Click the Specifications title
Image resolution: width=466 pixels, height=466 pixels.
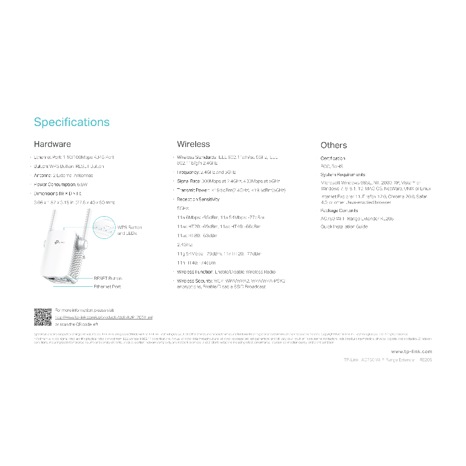(x=72, y=122)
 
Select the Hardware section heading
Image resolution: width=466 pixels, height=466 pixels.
(x=52, y=144)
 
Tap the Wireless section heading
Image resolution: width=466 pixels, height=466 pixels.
(x=193, y=144)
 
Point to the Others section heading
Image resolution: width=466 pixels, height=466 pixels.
(x=334, y=145)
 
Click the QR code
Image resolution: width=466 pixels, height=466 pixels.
(x=43, y=317)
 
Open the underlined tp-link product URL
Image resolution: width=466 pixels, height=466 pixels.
(x=104, y=317)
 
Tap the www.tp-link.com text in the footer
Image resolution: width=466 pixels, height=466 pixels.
(x=411, y=351)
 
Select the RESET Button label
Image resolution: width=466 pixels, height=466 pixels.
(x=108, y=278)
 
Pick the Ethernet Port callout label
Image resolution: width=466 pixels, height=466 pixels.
(x=107, y=287)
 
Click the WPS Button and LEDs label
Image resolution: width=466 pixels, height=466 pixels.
(x=130, y=230)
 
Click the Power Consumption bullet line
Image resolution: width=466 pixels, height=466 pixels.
(x=61, y=184)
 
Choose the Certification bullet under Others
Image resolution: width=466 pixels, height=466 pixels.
(x=333, y=158)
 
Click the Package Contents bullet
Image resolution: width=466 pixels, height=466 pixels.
(x=339, y=211)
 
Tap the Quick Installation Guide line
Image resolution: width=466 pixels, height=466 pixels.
(x=344, y=227)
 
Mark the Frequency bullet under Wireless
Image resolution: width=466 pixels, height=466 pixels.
(x=206, y=172)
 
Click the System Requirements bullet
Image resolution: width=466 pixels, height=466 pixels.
(x=343, y=175)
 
